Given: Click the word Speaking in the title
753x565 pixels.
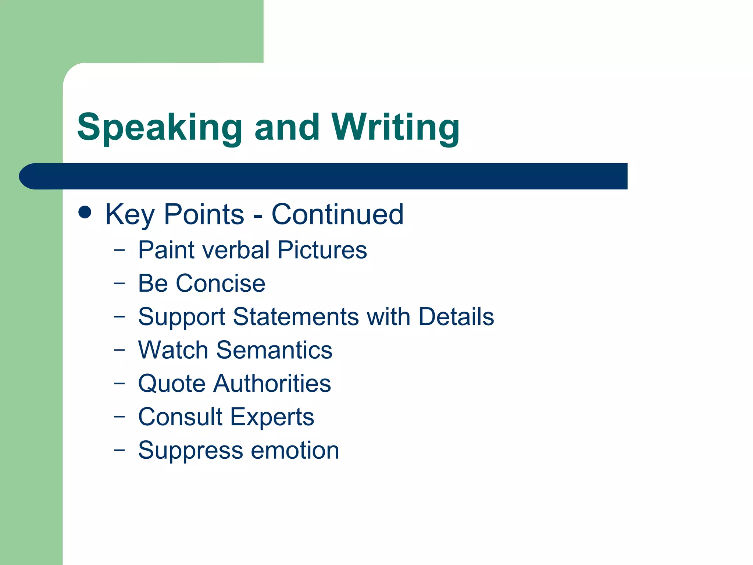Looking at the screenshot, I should click(159, 128).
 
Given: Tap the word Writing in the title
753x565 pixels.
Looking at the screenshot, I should click(395, 128).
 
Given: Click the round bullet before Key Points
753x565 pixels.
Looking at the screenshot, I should click(85, 212).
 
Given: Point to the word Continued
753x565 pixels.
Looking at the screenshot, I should click(337, 214).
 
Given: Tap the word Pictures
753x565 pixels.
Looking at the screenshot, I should click(322, 250).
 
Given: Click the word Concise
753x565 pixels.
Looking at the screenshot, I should click(220, 284).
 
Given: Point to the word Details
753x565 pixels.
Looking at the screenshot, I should click(456, 317).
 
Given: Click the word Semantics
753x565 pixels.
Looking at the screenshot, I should click(274, 350).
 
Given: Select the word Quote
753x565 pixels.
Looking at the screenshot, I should click(172, 384).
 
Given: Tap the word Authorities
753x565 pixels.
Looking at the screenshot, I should click(272, 384).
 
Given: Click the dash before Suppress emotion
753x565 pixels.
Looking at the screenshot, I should click(119, 449).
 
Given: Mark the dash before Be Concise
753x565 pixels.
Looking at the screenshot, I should click(119, 283).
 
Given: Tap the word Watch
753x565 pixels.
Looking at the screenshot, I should click(173, 350).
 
